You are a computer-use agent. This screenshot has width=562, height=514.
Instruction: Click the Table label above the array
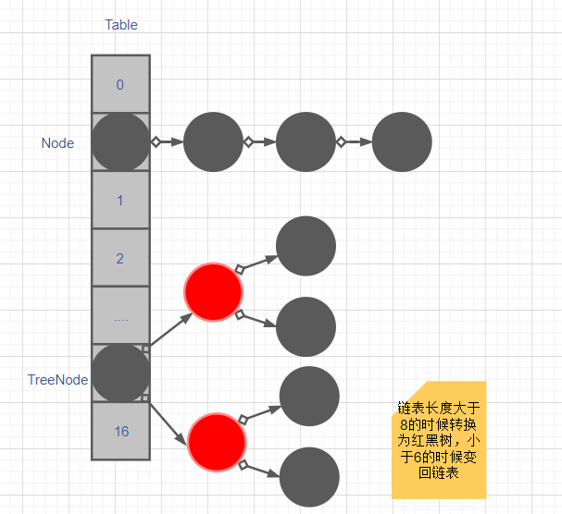point(121,25)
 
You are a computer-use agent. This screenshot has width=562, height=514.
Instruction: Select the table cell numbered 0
point(120,85)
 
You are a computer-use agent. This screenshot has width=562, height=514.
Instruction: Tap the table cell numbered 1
point(120,201)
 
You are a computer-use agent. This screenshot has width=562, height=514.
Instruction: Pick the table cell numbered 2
point(120,259)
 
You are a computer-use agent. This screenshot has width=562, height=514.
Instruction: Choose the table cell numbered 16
point(120,432)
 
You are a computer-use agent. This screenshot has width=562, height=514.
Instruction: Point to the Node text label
point(57,143)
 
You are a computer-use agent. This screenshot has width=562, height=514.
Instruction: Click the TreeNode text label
point(58,380)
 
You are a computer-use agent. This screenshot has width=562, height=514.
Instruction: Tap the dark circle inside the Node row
point(120,142)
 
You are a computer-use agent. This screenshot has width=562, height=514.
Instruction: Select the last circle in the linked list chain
point(402,142)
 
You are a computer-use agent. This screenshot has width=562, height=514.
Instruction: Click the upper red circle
point(214,292)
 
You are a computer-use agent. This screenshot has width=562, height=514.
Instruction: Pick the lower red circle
point(218,441)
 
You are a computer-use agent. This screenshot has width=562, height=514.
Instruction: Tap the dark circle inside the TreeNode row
point(120,373)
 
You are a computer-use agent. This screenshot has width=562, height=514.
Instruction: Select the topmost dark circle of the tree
point(306,246)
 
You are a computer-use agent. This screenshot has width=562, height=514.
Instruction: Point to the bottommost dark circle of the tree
point(309,477)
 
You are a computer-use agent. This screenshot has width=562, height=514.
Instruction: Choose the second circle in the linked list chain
point(213,142)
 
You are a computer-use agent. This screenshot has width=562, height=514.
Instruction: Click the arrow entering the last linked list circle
point(356,142)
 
